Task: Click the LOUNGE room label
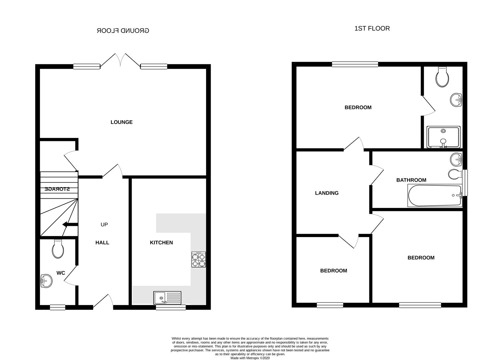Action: click(x=121, y=122)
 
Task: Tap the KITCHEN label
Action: click(x=161, y=243)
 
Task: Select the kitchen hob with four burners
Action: click(x=198, y=260)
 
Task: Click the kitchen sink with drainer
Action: click(x=167, y=297)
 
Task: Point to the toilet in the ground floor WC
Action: click(x=58, y=249)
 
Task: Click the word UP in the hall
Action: click(x=104, y=225)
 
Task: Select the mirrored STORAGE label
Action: click(x=57, y=189)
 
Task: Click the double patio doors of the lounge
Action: click(x=120, y=60)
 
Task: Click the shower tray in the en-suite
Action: click(x=443, y=137)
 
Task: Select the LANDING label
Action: click(x=327, y=193)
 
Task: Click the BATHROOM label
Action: click(x=411, y=180)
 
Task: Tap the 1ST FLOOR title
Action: click(x=372, y=29)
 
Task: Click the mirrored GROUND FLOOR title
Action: click(x=123, y=31)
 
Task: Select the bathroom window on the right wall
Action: click(x=465, y=183)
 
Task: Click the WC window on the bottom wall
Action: click(x=57, y=307)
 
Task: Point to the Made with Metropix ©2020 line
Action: click(x=250, y=358)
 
